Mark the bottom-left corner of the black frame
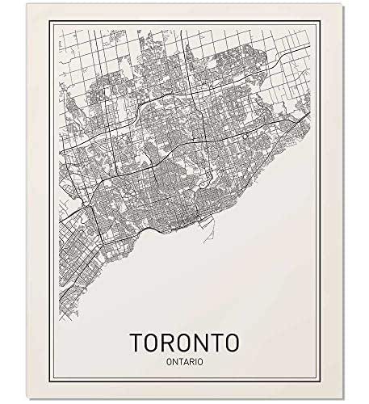click(x=51, y=377)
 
